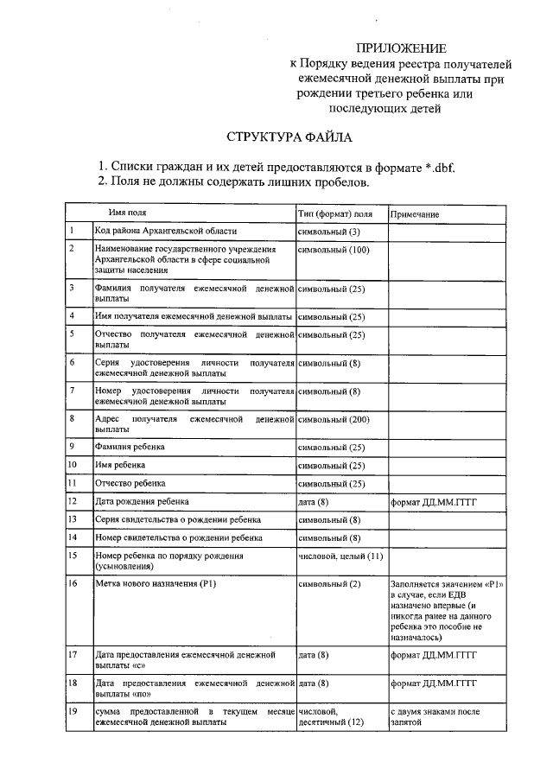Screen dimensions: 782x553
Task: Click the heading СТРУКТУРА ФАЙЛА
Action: tap(289, 137)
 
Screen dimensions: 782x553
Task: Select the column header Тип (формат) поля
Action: tap(335, 213)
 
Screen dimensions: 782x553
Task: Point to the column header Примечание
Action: tap(416, 214)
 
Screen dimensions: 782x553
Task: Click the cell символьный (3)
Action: tap(328, 232)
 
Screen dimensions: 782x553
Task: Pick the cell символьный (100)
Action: tap(333, 250)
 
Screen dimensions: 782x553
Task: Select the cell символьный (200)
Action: tap(333, 419)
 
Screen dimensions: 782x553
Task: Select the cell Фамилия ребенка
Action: tap(130, 448)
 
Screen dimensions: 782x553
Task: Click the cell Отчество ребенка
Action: tap(130, 483)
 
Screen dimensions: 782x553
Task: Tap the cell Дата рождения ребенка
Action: tap(142, 501)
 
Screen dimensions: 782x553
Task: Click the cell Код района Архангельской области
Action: tap(165, 232)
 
